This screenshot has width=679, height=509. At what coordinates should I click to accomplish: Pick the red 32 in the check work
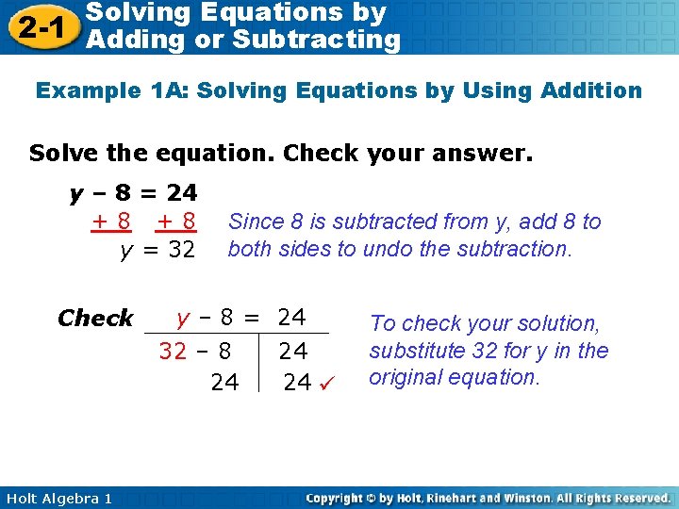(173, 352)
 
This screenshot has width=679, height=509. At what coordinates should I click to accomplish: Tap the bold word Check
(95, 319)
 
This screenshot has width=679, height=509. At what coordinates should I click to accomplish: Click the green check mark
(325, 382)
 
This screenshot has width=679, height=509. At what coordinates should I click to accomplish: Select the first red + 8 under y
(111, 222)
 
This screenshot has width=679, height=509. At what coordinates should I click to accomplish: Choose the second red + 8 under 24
(176, 222)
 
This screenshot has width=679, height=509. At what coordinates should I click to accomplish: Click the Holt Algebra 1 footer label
(57, 498)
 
